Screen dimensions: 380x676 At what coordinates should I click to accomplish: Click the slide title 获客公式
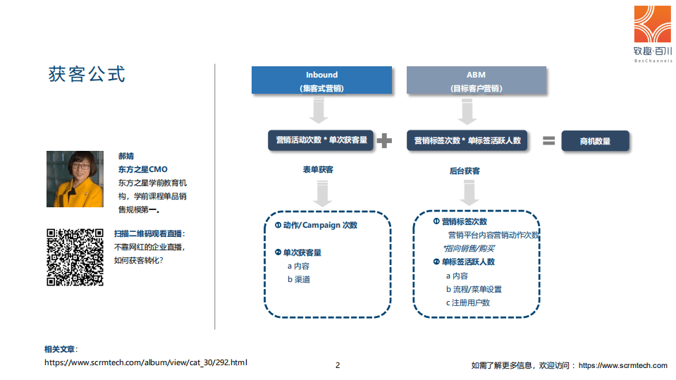[87, 73]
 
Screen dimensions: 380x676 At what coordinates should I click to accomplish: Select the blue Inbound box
[321, 80]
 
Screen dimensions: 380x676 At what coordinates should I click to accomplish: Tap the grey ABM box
[476, 80]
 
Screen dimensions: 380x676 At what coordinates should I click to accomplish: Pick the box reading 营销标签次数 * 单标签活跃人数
[467, 140]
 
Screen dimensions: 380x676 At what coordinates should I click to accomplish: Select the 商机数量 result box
[595, 141]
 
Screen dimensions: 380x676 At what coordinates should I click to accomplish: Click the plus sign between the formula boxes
[384, 141]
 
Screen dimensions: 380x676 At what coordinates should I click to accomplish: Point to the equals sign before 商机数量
[548, 141]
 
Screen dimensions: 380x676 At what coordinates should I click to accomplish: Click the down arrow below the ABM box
[467, 110]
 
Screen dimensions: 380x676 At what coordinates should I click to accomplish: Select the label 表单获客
[318, 170]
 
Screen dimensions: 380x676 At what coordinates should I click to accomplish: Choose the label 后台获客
[465, 171]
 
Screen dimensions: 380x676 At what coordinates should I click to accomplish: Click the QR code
[75, 257]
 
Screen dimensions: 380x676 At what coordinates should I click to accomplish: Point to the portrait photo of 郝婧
[75, 179]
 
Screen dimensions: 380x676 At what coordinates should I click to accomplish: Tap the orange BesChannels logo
[653, 24]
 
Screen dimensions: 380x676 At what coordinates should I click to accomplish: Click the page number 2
[338, 365]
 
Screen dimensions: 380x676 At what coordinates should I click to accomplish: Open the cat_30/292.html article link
[146, 362]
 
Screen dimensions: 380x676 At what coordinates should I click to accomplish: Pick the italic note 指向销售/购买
[469, 248]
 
